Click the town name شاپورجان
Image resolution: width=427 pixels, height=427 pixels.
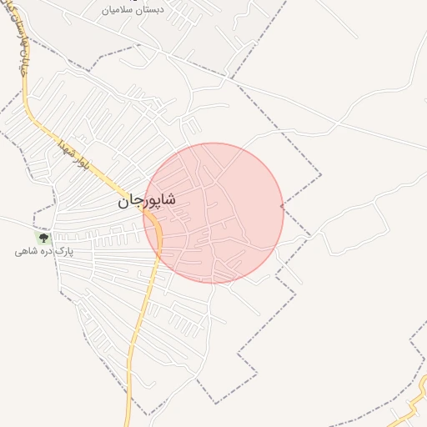pyautogui.click(x=146, y=201)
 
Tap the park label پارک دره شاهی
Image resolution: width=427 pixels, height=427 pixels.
pyautogui.click(x=44, y=251)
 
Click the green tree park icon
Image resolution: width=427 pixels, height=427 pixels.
pyautogui.click(x=43, y=239)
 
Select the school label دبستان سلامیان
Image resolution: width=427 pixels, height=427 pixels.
pyautogui.click(x=131, y=10)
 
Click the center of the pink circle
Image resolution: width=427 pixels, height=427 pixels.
pyautogui.click(x=213, y=213)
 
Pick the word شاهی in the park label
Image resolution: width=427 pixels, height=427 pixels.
pyautogui.click(x=26, y=251)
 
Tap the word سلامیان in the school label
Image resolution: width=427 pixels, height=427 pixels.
pyautogui.click(x=118, y=10)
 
